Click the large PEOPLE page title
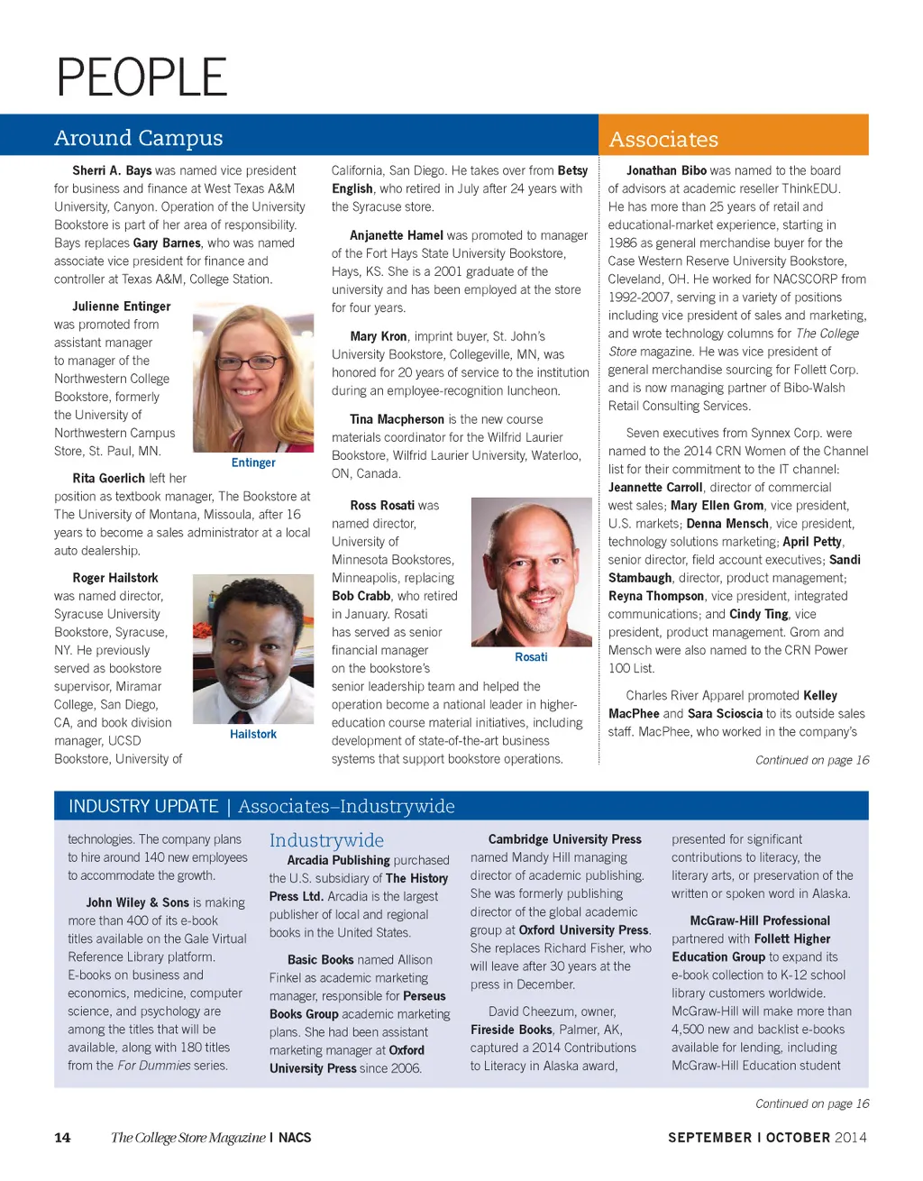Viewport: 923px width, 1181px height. coord(142,78)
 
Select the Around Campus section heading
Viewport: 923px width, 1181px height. coord(138,138)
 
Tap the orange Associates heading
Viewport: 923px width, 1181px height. coord(663,140)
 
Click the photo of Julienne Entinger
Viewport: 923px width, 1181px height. coord(253,378)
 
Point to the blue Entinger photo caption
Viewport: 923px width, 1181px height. coord(253,462)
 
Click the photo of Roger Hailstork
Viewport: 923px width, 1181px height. coord(253,647)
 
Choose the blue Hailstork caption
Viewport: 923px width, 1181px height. coord(253,735)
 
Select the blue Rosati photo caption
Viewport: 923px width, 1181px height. coord(531,657)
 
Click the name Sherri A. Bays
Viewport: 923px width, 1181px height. coord(112,170)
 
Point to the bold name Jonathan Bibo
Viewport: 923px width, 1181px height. coord(666,170)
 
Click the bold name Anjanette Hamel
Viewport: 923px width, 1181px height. coord(396,235)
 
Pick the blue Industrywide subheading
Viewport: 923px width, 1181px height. coord(326,840)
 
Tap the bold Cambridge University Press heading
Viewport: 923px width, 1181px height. coord(564,839)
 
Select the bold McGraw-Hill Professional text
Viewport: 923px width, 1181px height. coord(760,920)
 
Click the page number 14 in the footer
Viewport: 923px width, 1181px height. coord(62,1138)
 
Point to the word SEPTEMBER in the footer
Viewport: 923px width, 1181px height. coord(709,1138)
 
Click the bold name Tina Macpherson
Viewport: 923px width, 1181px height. coord(397,419)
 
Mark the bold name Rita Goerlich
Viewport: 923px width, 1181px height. coord(108,478)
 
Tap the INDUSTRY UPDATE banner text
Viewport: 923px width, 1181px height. coord(143,806)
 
